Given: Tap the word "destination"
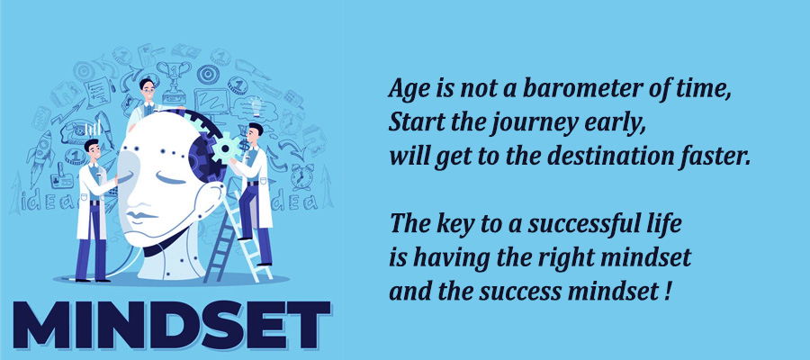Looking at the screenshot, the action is pyautogui.click(x=610, y=157).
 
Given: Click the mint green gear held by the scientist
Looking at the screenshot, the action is pyautogui.click(x=226, y=148).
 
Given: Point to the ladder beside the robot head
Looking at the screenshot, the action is pyautogui.click(x=238, y=238).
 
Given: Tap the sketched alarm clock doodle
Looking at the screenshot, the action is pyautogui.click(x=301, y=176).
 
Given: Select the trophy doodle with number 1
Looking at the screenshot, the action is pyautogui.click(x=173, y=80).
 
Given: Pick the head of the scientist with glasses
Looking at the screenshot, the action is pyautogui.click(x=148, y=90).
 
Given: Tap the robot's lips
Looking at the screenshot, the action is pyautogui.click(x=139, y=215).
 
